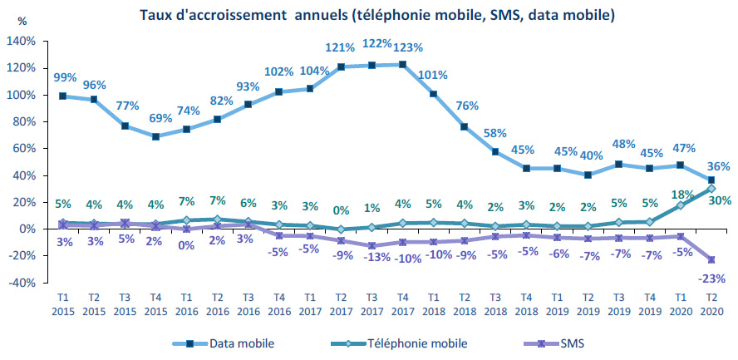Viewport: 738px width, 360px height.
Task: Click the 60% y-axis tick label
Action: [22, 149]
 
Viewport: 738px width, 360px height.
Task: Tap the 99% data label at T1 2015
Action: [65, 77]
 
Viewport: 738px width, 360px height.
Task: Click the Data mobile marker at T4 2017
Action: [402, 64]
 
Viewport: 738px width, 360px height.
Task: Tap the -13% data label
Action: [371, 258]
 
